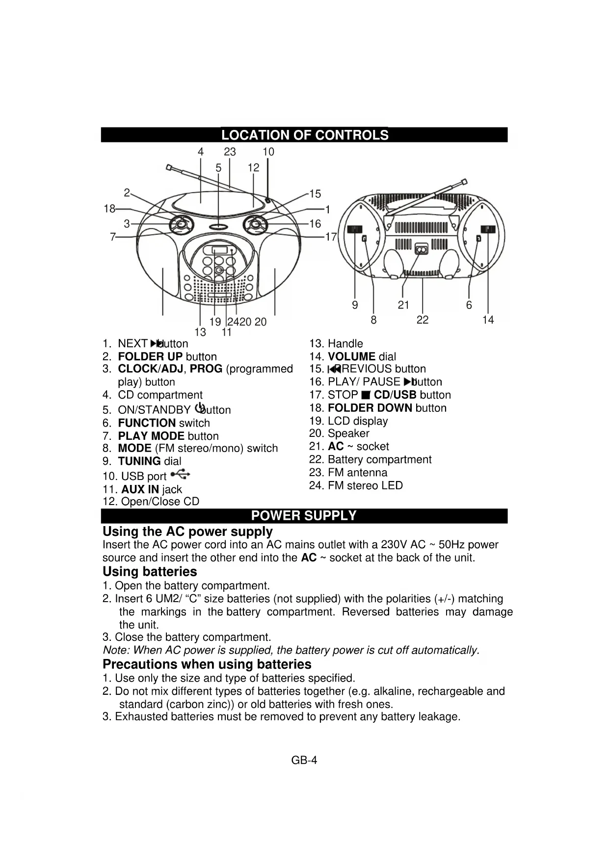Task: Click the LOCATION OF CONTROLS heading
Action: tap(304, 135)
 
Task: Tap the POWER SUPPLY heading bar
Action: tap(304, 516)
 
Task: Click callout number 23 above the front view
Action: tap(230, 152)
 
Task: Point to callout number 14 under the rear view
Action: tap(488, 320)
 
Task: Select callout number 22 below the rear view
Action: tap(423, 320)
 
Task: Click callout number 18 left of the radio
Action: tap(109, 209)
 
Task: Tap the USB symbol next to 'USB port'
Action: tap(182, 474)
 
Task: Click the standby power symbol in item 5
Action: tap(199, 407)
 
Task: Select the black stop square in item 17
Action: tap(365, 395)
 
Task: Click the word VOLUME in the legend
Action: tap(351, 357)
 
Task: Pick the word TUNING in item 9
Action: tap(139, 461)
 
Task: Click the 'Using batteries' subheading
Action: tap(150, 572)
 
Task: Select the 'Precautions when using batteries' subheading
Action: tap(207, 664)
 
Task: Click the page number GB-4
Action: tap(304, 760)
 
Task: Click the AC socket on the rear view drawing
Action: tap(421, 250)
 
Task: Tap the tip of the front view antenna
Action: tap(168, 168)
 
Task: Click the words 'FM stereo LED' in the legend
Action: tap(365, 485)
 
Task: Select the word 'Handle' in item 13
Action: tap(345, 344)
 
